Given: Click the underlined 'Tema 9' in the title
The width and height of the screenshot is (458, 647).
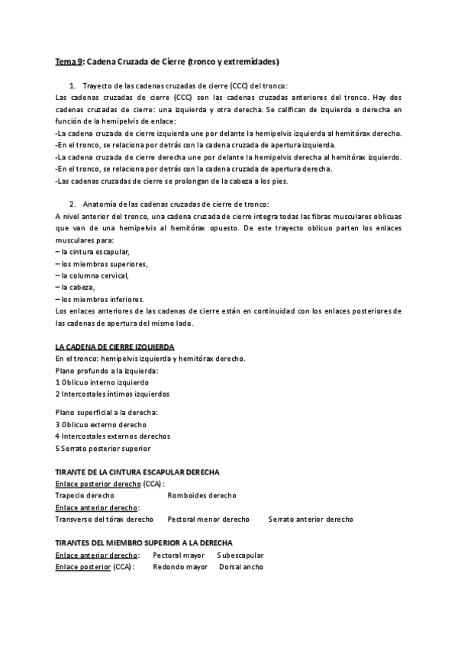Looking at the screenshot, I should (69, 60).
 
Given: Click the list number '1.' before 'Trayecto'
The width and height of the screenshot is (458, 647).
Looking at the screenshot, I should (73, 85).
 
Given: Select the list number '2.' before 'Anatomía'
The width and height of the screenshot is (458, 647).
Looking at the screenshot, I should (73, 204).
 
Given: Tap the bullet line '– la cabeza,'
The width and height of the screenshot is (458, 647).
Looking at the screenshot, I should (76, 287).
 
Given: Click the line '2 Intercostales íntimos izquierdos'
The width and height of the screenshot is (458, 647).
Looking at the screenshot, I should (112, 394).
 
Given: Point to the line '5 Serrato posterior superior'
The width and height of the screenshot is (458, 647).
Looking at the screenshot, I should (103, 448).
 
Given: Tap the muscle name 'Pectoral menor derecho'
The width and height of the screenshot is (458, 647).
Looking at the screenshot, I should (208, 519).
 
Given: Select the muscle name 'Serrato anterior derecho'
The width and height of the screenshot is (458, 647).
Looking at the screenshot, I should (311, 519).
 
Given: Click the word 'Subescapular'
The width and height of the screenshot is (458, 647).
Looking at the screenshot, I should (240, 555).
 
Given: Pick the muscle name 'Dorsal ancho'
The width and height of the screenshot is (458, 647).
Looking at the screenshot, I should (241, 567).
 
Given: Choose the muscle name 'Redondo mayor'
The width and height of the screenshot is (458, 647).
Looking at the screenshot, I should (180, 567).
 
